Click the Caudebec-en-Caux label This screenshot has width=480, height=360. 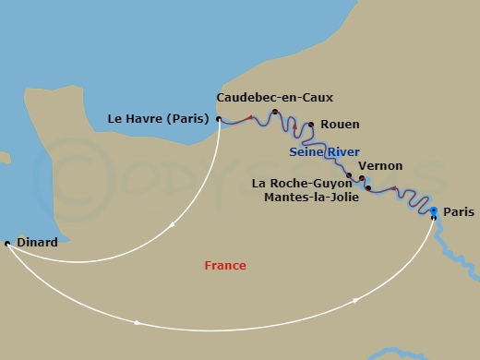point(274,97)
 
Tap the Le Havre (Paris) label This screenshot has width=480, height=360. point(158,118)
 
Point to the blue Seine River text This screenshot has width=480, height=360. point(324,151)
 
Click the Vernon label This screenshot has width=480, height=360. point(380,166)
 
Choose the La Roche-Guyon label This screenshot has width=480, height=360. point(302,183)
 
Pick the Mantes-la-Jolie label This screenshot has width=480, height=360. point(308,197)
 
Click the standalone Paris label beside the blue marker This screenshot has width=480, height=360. point(459,212)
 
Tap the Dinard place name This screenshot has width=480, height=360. point(37,243)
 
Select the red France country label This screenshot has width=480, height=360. point(225,266)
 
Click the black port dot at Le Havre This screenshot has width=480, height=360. point(219,118)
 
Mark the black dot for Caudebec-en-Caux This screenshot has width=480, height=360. point(274,112)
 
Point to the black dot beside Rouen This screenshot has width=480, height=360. point(311,125)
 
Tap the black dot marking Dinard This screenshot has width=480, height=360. point(7,243)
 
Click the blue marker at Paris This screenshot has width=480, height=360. point(434,211)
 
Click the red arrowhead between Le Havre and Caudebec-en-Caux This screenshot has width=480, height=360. point(249,117)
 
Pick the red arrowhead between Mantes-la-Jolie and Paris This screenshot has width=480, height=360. point(396,190)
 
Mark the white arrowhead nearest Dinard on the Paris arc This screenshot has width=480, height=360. point(138,322)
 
